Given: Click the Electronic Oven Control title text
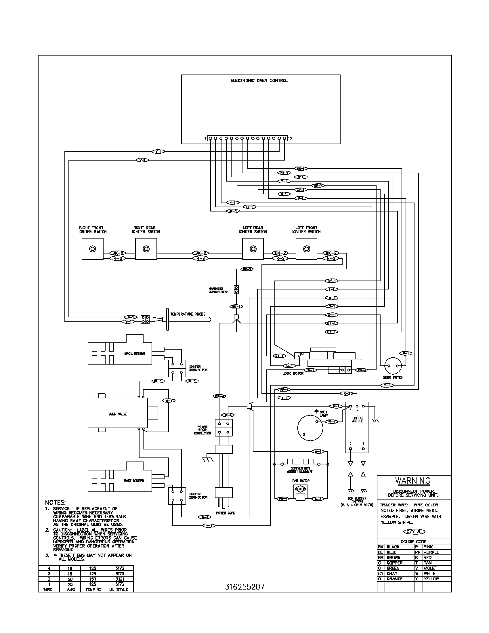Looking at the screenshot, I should (x=259, y=81).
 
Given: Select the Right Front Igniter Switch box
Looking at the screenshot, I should (x=93, y=249).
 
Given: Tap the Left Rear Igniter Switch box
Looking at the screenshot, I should (x=253, y=249).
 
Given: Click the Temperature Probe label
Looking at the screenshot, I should (x=188, y=314).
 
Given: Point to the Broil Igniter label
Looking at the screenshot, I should (x=135, y=353).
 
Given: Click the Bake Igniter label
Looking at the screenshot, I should (x=134, y=481).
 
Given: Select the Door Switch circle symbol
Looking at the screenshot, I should (x=393, y=366).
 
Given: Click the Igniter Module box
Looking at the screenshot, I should (x=357, y=427).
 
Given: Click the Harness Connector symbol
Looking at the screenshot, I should (x=236, y=289).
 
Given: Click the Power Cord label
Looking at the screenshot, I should (x=226, y=513).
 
